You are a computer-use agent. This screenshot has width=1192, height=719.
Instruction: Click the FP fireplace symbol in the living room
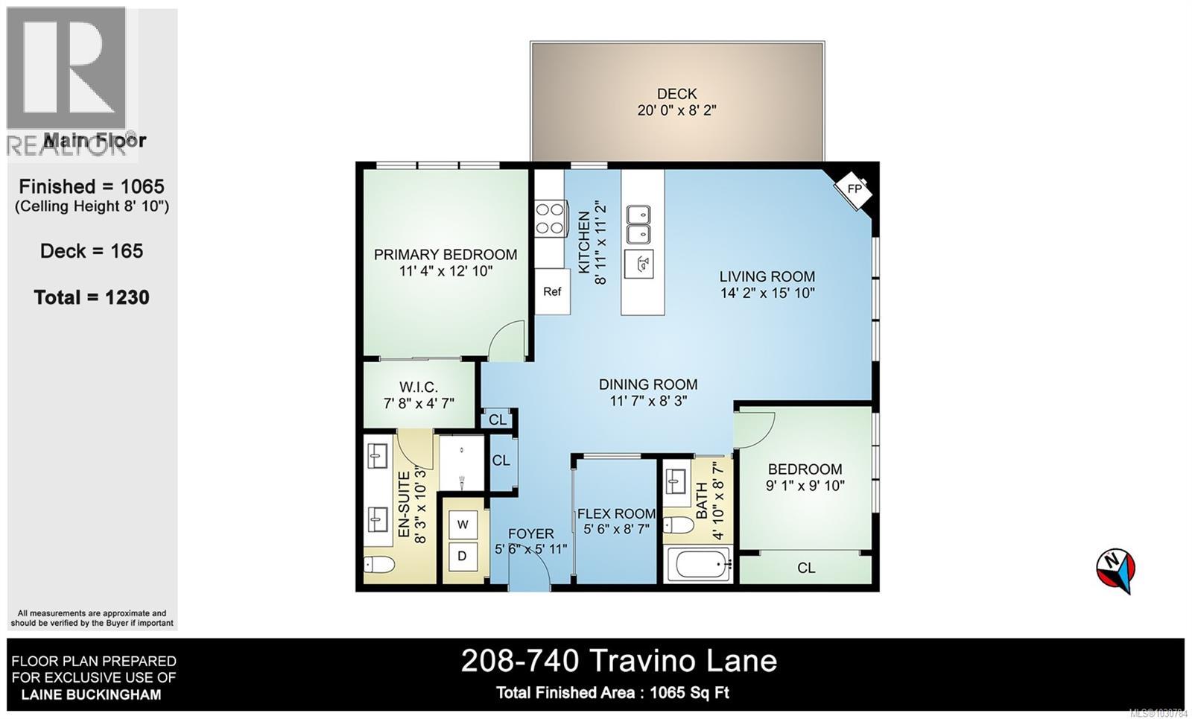coord(854,189)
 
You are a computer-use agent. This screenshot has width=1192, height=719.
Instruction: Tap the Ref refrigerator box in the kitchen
coord(552,291)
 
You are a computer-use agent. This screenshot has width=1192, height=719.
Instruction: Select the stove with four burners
coord(551,219)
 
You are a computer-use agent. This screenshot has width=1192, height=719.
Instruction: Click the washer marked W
coord(463,525)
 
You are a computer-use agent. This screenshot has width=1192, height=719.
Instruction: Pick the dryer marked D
coord(463,557)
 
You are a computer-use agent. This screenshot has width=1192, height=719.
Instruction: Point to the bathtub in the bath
coord(698,566)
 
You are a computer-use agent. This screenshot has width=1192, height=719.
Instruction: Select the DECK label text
coord(676,94)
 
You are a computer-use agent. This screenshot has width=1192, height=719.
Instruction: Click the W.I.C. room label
coord(418,387)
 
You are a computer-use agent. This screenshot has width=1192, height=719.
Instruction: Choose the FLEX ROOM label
coord(616,513)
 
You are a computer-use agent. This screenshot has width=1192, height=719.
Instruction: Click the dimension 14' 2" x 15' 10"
coord(767,294)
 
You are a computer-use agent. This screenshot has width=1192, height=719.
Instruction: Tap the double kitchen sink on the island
coord(638,225)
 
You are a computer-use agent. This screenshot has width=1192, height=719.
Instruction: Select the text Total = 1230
coord(92,297)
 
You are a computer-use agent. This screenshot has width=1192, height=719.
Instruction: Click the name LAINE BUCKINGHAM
coord(91,694)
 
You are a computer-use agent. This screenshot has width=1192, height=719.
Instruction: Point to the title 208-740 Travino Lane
coord(618,661)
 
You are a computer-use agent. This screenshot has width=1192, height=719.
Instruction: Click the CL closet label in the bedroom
coord(806,568)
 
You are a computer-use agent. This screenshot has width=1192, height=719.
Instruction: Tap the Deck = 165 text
coord(92,251)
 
